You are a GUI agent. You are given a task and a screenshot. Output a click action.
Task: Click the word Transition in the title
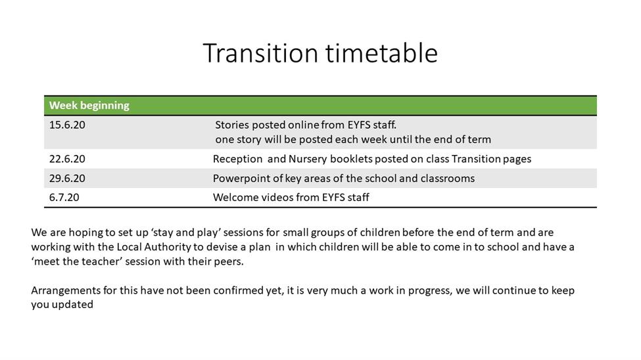[x=260, y=53]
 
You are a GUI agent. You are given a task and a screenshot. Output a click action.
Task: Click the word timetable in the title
[x=381, y=53]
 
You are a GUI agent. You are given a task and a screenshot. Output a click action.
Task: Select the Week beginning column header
[x=89, y=106]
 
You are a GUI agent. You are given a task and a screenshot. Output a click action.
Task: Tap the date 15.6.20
[x=67, y=125]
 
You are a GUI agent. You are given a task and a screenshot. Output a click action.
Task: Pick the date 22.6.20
[x=67, y=159]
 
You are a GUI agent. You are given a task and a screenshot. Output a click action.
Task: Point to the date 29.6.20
[x=67, y=179]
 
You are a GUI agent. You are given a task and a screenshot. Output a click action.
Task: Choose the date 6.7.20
[x=64, y=197]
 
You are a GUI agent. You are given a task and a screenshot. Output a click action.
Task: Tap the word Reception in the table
[x=237, y=160]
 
